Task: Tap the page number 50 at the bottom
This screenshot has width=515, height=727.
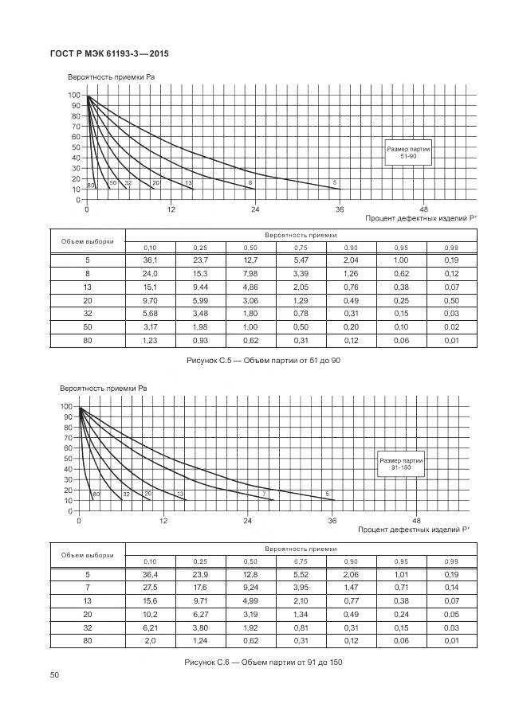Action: click(x=55, y=675)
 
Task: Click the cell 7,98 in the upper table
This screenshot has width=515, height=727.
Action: click(x=250, y=274)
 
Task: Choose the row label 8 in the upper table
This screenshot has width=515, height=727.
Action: click(x=87, y=274)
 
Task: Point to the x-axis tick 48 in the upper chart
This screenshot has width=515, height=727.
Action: click(x=423, y=209)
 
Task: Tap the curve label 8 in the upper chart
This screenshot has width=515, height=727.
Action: click(x=251, y=184)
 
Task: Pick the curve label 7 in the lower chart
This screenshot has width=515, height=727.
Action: click(x=263, y=494)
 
